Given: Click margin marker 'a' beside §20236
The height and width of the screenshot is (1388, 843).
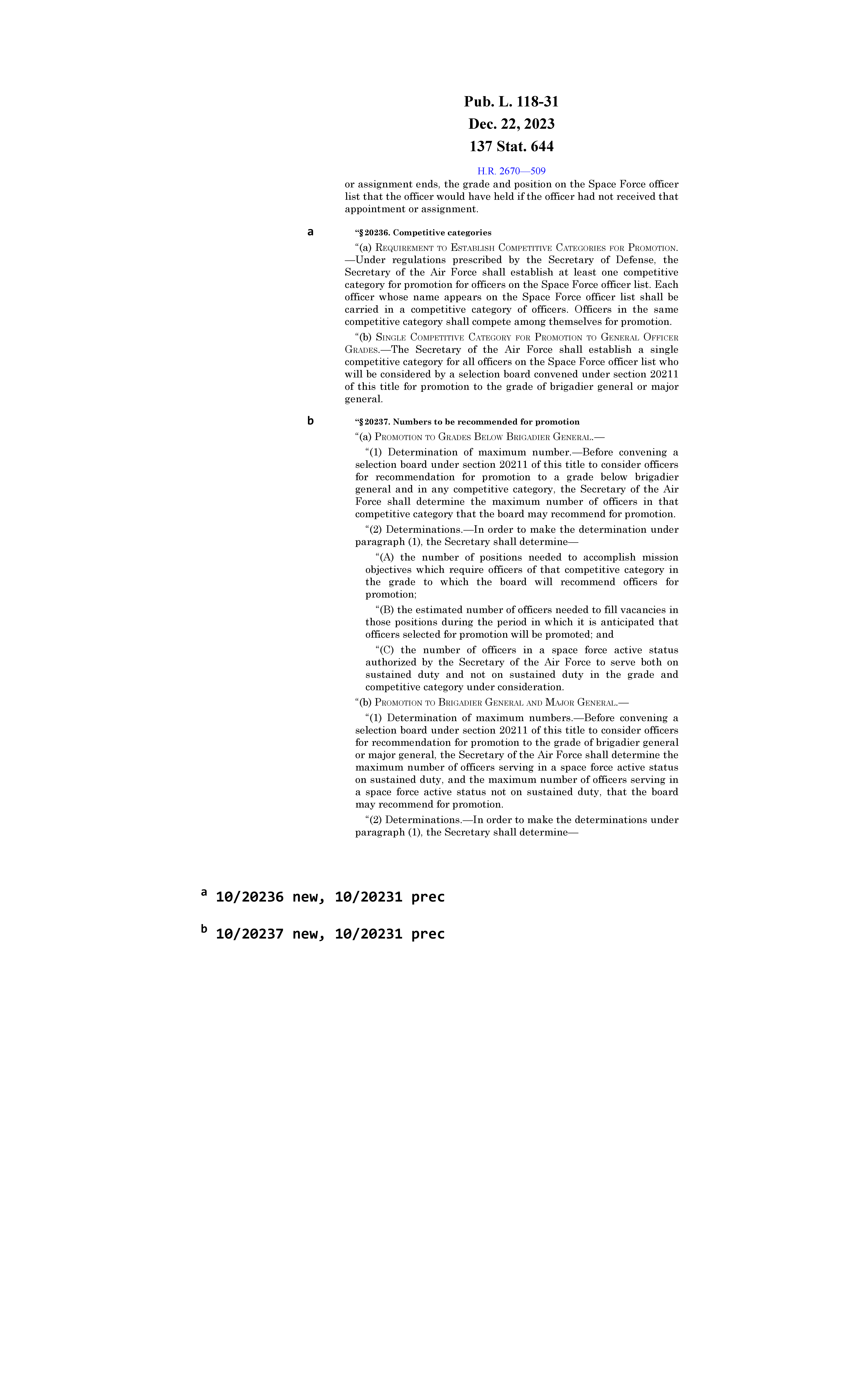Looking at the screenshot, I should (310, 231).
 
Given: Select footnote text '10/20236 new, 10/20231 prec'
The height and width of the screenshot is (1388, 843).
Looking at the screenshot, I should (330, 897).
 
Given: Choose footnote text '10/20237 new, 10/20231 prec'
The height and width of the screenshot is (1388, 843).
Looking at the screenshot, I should (330, 934).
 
